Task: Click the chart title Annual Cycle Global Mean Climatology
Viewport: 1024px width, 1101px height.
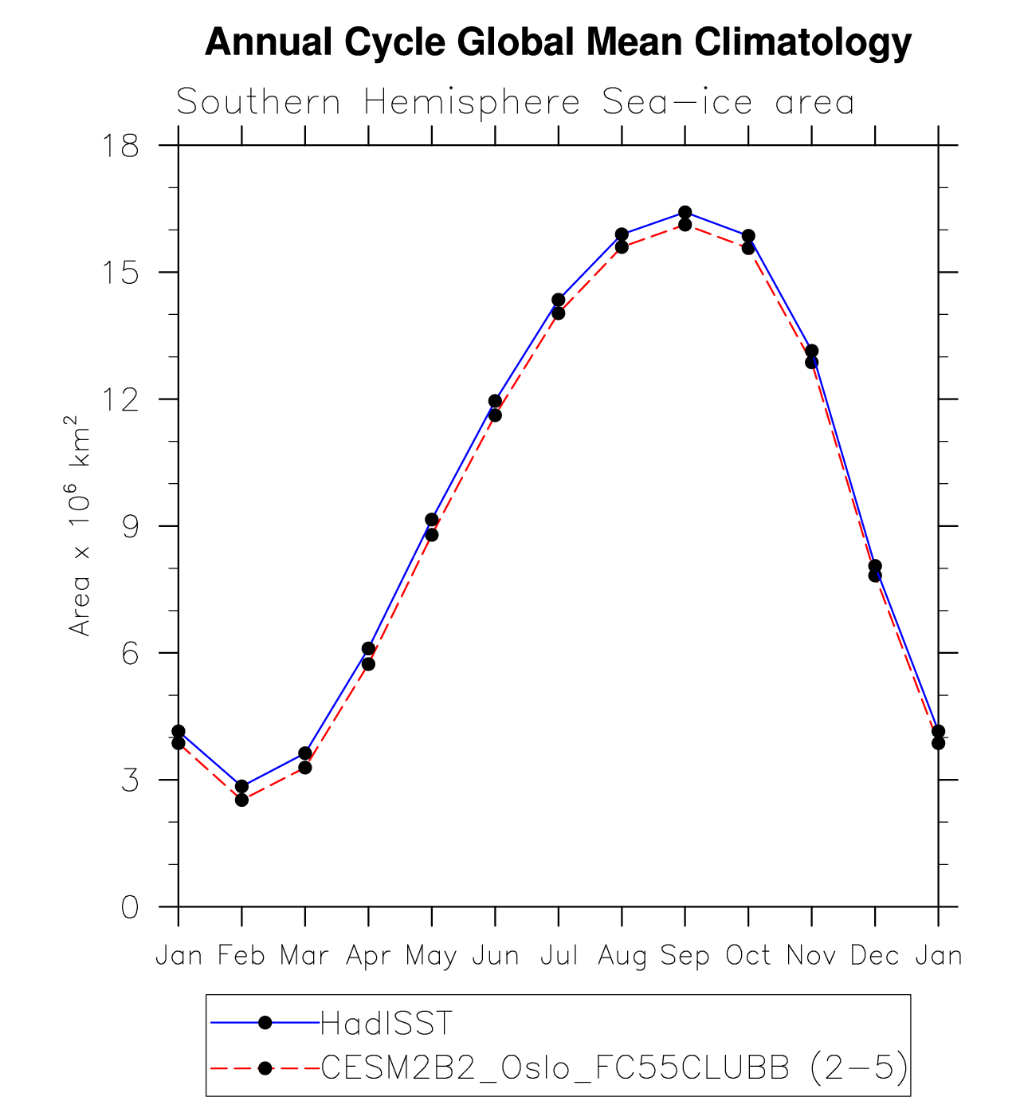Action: (558, 42)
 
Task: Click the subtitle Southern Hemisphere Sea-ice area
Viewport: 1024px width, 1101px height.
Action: (515, 103)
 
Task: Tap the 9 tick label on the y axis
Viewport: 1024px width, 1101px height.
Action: (130, 526)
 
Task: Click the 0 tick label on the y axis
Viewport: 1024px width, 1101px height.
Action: (130, 906)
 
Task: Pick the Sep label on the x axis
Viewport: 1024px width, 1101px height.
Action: (685, 955)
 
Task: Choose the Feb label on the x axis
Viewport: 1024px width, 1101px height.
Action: (241, 955)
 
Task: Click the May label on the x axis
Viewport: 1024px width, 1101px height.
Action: (431, 955)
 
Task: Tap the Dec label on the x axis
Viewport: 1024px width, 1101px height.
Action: (874, 955)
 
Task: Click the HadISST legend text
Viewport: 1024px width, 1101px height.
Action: (386, 1023)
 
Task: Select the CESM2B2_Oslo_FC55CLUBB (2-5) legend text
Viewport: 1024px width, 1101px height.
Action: (614, 1068)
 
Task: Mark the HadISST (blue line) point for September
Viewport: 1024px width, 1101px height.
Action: (685, 212)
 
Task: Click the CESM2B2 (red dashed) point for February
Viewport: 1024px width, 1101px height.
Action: (241, 800)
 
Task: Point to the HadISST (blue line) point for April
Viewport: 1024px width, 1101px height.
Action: (368, 649)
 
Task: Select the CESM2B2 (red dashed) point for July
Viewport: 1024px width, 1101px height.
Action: (558, 313)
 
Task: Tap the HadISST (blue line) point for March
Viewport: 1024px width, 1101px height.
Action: (304, 753)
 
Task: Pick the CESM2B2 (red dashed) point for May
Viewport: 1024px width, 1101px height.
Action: (431, 534)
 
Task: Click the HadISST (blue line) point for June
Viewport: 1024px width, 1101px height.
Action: (495, 401)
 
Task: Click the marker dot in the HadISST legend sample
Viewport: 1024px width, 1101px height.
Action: (265, 1023)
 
